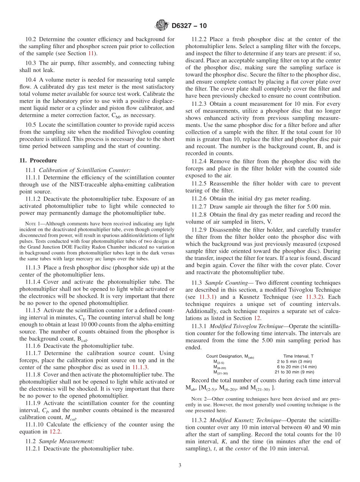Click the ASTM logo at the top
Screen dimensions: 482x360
click(162, 26)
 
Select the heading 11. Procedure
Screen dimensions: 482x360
click(38, 160)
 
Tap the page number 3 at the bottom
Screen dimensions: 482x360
click(180, 465)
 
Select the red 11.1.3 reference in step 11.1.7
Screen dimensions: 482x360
click(140, 367)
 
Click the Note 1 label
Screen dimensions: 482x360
click(33, 224)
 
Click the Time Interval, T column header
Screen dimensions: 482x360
click(298, 356)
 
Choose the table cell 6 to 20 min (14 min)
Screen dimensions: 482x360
click(297, 367)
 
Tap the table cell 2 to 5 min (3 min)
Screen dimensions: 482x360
click(294, 361)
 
